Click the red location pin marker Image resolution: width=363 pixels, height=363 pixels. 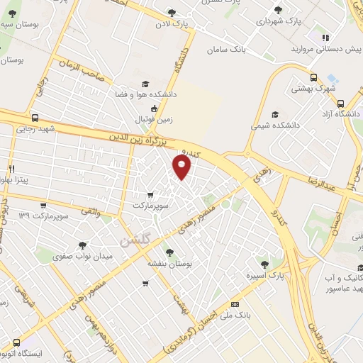pos(183,167)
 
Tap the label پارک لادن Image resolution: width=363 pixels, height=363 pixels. pos(174,23)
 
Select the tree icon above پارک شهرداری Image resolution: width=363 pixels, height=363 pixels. pos(278,10)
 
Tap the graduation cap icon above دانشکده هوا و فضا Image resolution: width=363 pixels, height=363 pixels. pos(145,83)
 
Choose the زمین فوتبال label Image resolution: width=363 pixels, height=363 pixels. pos(150,118)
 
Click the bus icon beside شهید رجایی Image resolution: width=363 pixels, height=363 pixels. pos(35,118)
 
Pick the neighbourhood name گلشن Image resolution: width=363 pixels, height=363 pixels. pos(135,241)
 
